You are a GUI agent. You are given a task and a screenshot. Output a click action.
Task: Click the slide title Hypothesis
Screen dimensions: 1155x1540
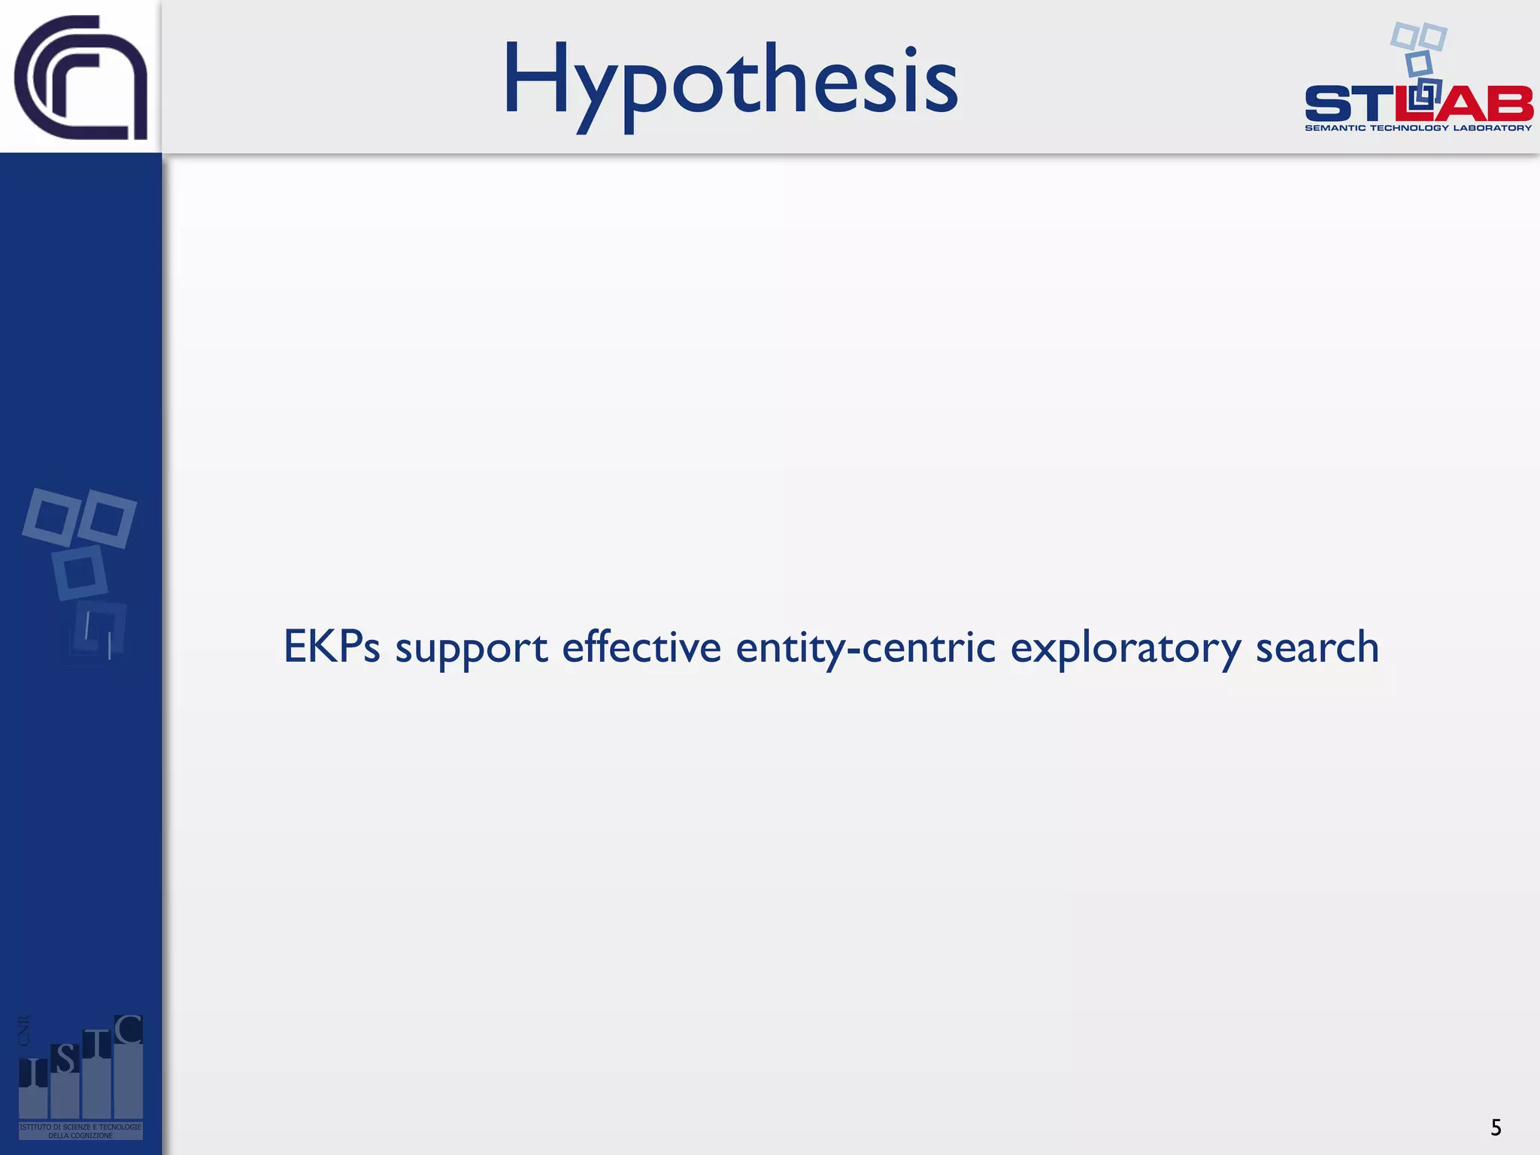(x=729, y=81)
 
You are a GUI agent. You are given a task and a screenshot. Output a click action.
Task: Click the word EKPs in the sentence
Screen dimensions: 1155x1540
(x=332, y=647)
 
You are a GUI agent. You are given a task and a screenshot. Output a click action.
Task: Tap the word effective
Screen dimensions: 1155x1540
(x=641, y=647)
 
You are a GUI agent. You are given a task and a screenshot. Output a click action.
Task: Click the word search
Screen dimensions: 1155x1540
(x=1317, y=647)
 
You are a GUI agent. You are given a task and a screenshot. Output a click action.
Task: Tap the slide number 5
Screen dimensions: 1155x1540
(x=1496, y=1127)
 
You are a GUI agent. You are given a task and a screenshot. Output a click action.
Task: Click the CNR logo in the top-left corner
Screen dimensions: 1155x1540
(x=80, y=77)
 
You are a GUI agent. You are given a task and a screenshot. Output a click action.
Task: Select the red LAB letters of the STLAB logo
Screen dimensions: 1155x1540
(x=1466, y=104)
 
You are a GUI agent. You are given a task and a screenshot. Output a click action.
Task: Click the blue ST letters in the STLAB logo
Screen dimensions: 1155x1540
(x=1346, y=104)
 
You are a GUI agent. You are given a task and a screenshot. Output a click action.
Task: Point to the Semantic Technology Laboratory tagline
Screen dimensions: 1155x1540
(x=1418, y=128)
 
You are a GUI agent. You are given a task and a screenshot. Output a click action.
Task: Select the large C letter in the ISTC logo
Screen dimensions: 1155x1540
(x=129, y=1030)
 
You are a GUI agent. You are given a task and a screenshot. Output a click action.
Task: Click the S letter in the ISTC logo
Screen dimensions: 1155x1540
(x=65, y=1060)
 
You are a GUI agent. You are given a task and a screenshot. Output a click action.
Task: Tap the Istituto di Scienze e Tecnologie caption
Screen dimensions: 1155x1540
(x=80, y=1131)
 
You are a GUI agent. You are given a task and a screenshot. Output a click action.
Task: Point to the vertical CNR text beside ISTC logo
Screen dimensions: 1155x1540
(x=24, y=1030)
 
